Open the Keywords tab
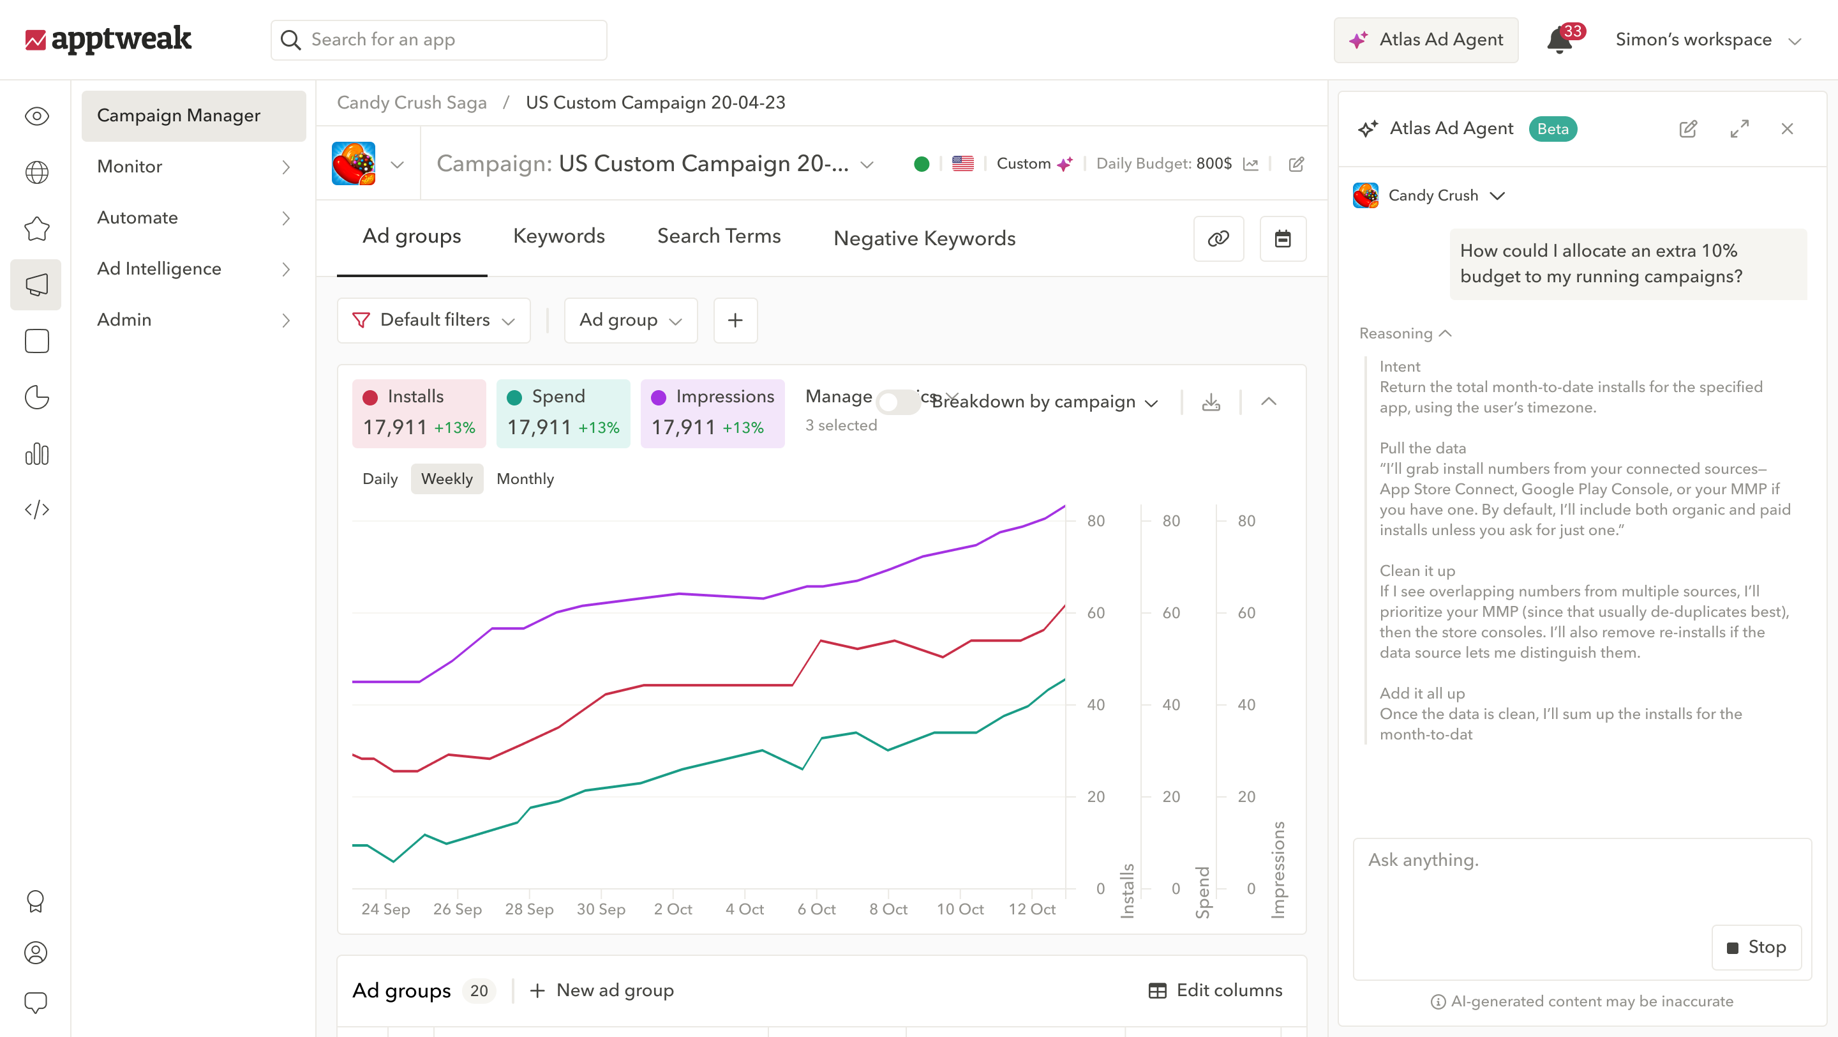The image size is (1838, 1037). tap(558, 236)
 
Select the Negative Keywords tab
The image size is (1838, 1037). tap(924, 238)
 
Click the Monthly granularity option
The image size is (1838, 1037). tap(525, 479)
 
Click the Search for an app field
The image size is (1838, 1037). tap(439, 40)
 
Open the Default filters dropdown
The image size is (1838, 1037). tap(433, 321)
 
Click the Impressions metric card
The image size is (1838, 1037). tap(712, 413)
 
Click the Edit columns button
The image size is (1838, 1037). tap(1215, 990)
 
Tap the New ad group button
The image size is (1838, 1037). tap(601, 990)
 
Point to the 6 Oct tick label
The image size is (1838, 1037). tap(816, 909)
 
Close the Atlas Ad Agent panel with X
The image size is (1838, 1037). tap(1787, 129)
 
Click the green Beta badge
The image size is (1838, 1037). tap(1553, 129)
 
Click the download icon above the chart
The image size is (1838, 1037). tap(1211, 402)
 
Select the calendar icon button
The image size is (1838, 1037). tap(1282, 238)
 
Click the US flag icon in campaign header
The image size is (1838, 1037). tap(962, 164)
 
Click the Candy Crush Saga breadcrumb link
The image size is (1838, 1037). tap(412, 103)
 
